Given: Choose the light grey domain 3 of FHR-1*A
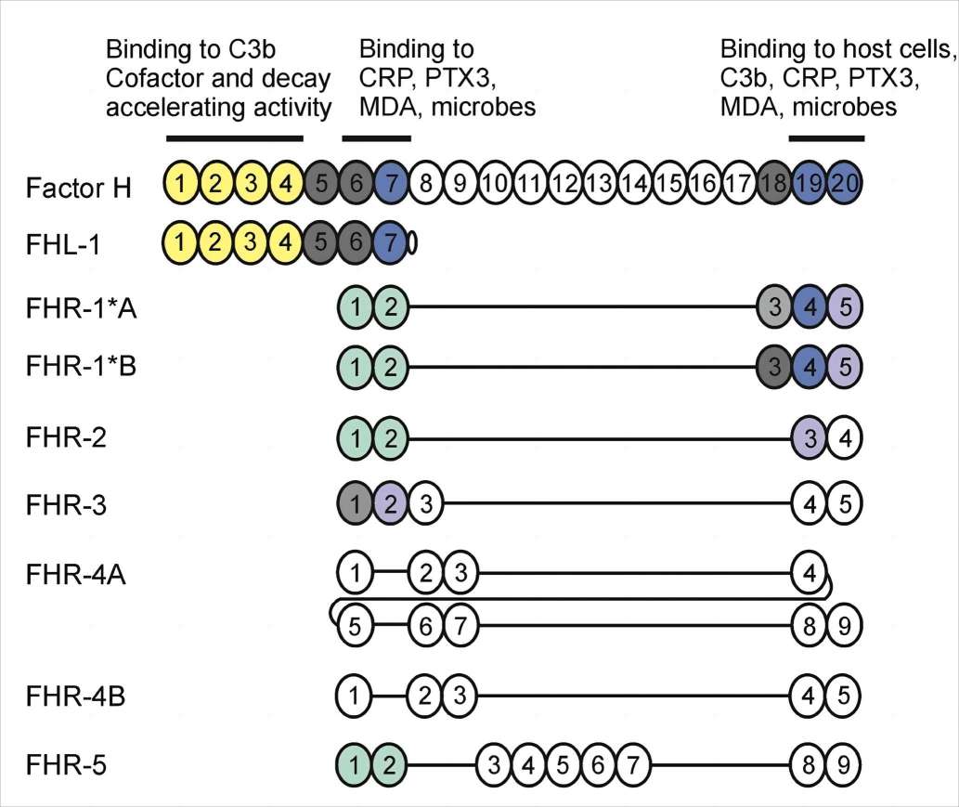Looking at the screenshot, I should click(774, 306).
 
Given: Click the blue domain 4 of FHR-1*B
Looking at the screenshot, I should click(810, 366).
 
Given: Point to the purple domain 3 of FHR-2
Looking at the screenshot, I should click(810, 437).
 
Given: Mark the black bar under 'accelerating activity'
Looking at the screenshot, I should click(234, 139).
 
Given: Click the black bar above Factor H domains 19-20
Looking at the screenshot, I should click(826, 139).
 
